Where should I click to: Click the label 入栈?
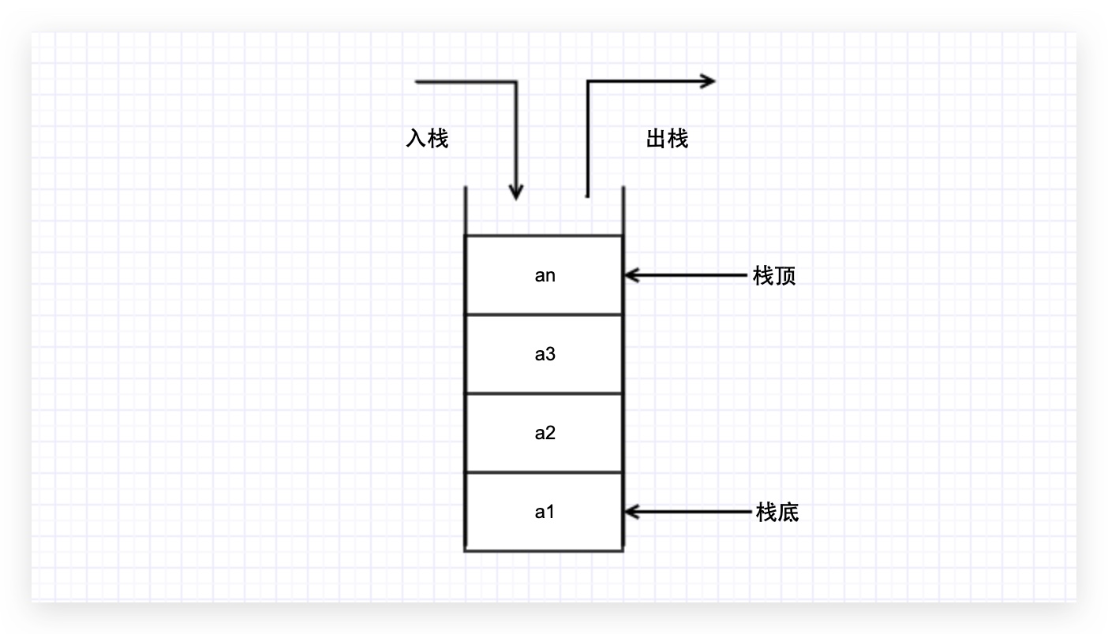[427, 140]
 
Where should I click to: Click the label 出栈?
[667, 140]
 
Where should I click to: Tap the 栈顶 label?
[774, 276]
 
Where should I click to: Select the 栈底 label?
[777, 513]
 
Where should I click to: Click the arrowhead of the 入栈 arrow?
[516, 192]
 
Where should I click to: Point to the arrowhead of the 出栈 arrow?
[709, 80]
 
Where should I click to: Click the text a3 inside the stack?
[545, 355]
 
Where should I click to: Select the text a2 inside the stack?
[545, 434]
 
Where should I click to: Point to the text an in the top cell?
[545, 276]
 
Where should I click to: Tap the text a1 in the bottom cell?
[545, 513]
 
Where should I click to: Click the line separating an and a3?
[544, 315]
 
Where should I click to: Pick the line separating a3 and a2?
[544, 393]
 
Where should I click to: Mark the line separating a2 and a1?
[544, 472]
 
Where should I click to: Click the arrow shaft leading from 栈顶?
[694, 275]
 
